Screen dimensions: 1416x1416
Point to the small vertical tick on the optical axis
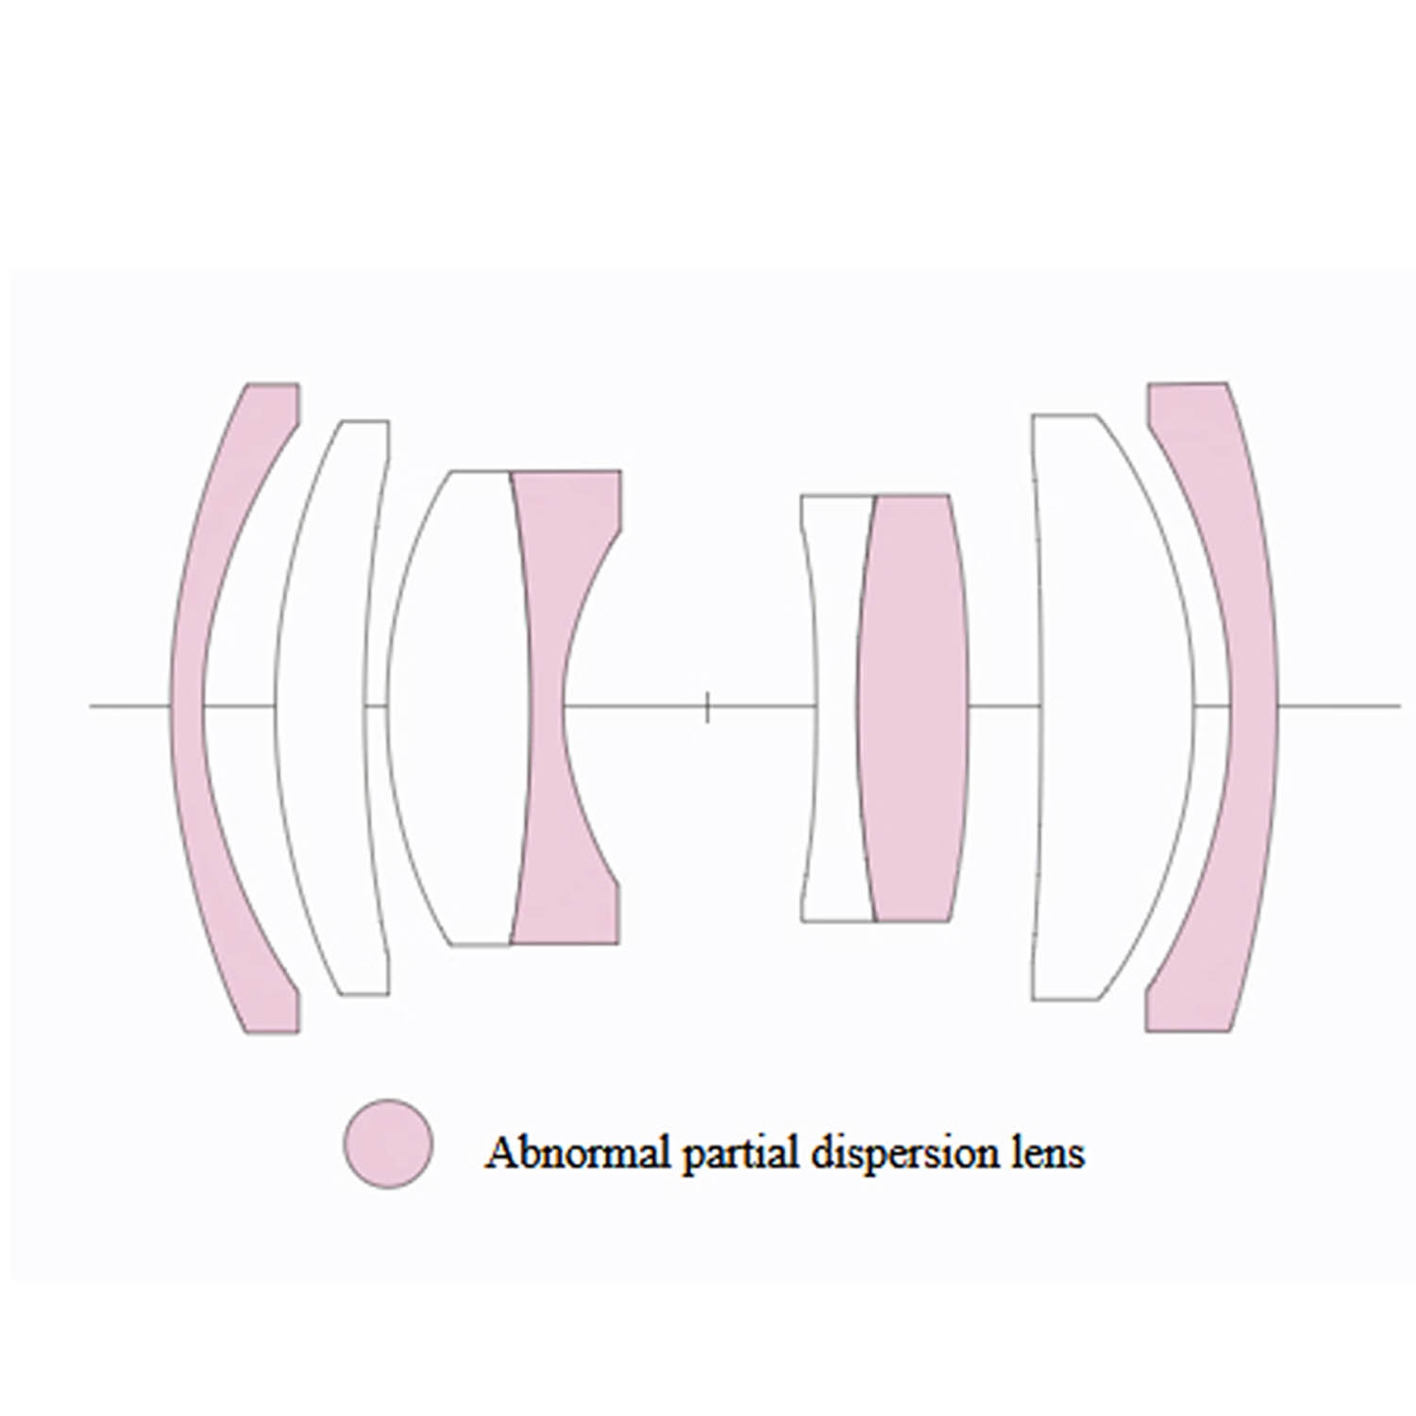tap(707, 706)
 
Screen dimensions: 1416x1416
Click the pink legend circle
tap(388, 1143)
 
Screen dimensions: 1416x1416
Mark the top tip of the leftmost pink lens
tap(273, 384)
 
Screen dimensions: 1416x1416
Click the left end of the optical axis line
tap(92, 705)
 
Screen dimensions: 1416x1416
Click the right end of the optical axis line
tap(1399, 705)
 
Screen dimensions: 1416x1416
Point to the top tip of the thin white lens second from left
tap(365, 421)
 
